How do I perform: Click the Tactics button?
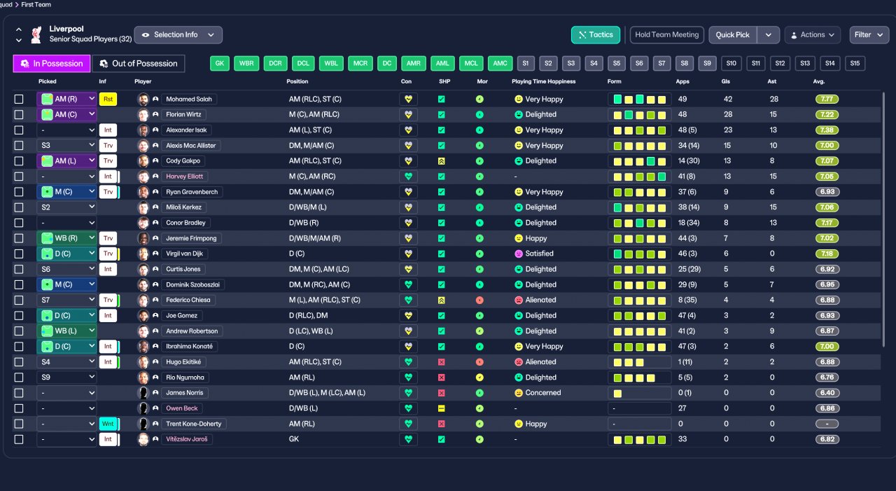[596, 35]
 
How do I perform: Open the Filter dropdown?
[869, 35]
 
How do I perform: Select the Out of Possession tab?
[139, 64]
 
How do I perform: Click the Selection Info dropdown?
[178, 35]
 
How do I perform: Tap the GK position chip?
[220, 64]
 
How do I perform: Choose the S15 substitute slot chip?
[854, 64]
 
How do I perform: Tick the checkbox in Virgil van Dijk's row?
[19, 254]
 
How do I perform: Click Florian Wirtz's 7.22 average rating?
[827, 115]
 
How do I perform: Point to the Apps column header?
[682, 82]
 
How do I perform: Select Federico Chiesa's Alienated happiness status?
[540, 300]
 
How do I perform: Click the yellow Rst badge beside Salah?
[108, 99]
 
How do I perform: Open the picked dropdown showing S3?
[66, 146]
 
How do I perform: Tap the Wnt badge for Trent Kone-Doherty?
[108, 424]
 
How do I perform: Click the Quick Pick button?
[733, 35]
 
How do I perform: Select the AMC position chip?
[500, 64]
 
